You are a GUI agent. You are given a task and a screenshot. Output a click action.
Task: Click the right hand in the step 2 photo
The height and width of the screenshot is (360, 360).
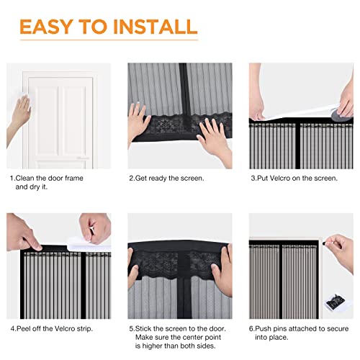[210, 132]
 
